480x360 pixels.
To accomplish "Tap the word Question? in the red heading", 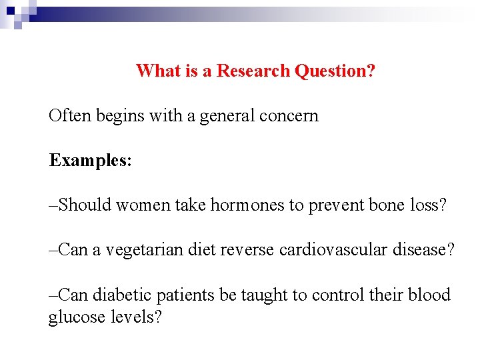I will (335, 71).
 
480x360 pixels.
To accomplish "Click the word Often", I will (70, 116).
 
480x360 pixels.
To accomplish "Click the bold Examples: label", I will (90, 161).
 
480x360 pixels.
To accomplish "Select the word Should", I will (85, 205).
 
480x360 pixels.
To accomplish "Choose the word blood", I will (430, 295).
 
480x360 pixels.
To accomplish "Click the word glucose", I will (71, 317).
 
